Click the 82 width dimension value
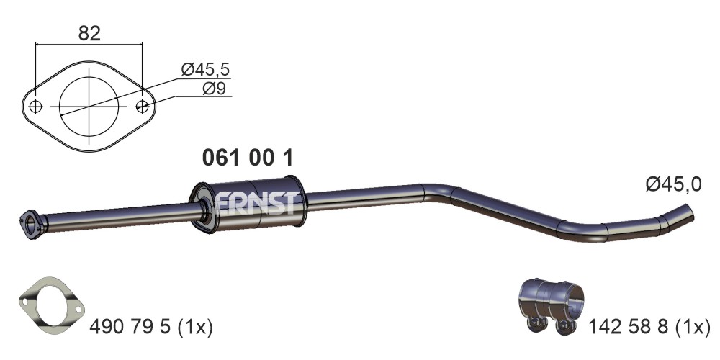(89, 34)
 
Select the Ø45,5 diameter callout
(204, 70)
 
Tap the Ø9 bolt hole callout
(214, 88)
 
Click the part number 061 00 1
(248, 158)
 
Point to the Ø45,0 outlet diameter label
(674, 184)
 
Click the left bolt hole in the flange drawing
(35, 107)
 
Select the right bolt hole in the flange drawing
(143, 107)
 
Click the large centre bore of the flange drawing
(89, 107)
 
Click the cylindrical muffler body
(248, 204)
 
